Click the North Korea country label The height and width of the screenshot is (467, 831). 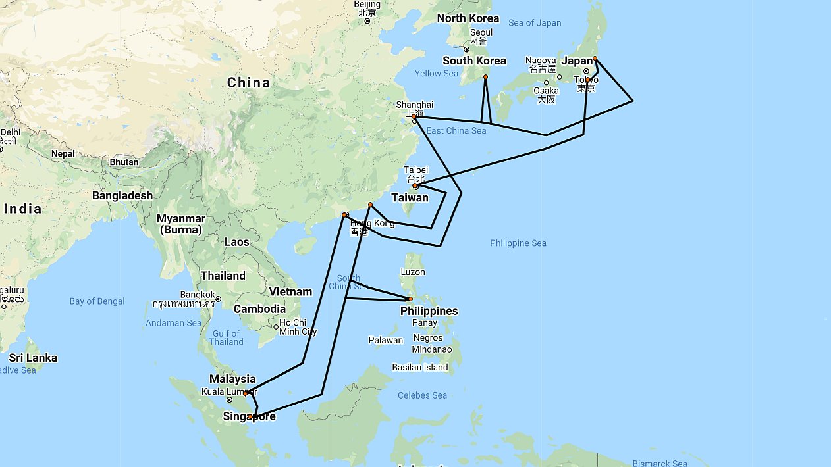[x=468, y=18]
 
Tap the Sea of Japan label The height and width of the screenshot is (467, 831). [x=535, y=23]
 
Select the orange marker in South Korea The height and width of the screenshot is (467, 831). [x=485, y=77]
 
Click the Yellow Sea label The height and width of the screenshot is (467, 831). [x=436, y=73]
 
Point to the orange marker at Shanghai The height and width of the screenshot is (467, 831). [x=414, y=116]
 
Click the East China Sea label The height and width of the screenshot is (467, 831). [x=456, y=130]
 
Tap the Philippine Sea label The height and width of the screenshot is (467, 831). [x=518, y=243]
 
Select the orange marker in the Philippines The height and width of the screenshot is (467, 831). [x=410, y=299]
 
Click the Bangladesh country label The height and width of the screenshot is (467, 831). [x=122, y=195]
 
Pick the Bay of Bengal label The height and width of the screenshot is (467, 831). [x=97, y=301]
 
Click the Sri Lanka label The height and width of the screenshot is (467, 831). [x=33, y=358]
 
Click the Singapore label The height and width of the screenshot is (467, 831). [x=249, y=416]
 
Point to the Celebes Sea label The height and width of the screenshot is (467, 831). [x=422, y=395]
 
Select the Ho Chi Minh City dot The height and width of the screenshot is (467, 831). [x=276, y=327]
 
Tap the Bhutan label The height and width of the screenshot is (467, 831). [x=124, y=162]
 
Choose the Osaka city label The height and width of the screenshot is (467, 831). [x=546, y=91]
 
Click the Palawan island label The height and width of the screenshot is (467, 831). [x=386, y=340]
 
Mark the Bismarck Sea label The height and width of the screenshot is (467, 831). [x=660, y=463]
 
